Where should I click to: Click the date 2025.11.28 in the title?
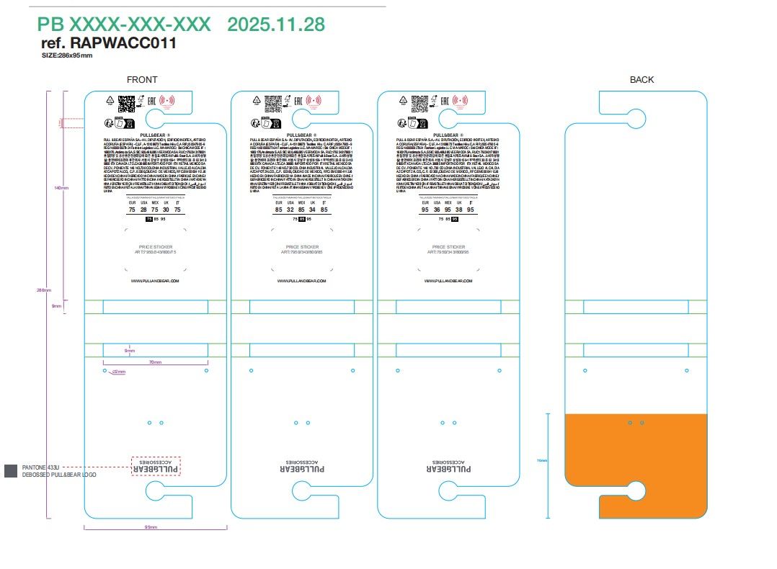pos(276,24)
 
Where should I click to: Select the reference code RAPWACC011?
pos(123,43)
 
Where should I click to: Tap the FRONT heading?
pos(141,80)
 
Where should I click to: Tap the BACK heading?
pos(641,80)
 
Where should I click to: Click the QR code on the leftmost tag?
pos(126,102)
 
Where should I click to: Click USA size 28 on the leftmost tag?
pos(143,210)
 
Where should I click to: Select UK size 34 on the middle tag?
pos(312,210)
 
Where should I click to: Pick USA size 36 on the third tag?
pos(437,210)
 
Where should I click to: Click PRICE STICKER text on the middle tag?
pos(302,247)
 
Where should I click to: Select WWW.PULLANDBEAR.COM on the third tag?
pos(448,280)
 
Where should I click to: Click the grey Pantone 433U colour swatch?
pos(11,470)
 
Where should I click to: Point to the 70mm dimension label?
pos(154,362)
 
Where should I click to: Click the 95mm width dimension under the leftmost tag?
pos(151,527)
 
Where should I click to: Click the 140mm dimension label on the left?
pos(61,189)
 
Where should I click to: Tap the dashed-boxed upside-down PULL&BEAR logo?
pos(156,466)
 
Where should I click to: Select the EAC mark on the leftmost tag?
pos(152,102)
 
